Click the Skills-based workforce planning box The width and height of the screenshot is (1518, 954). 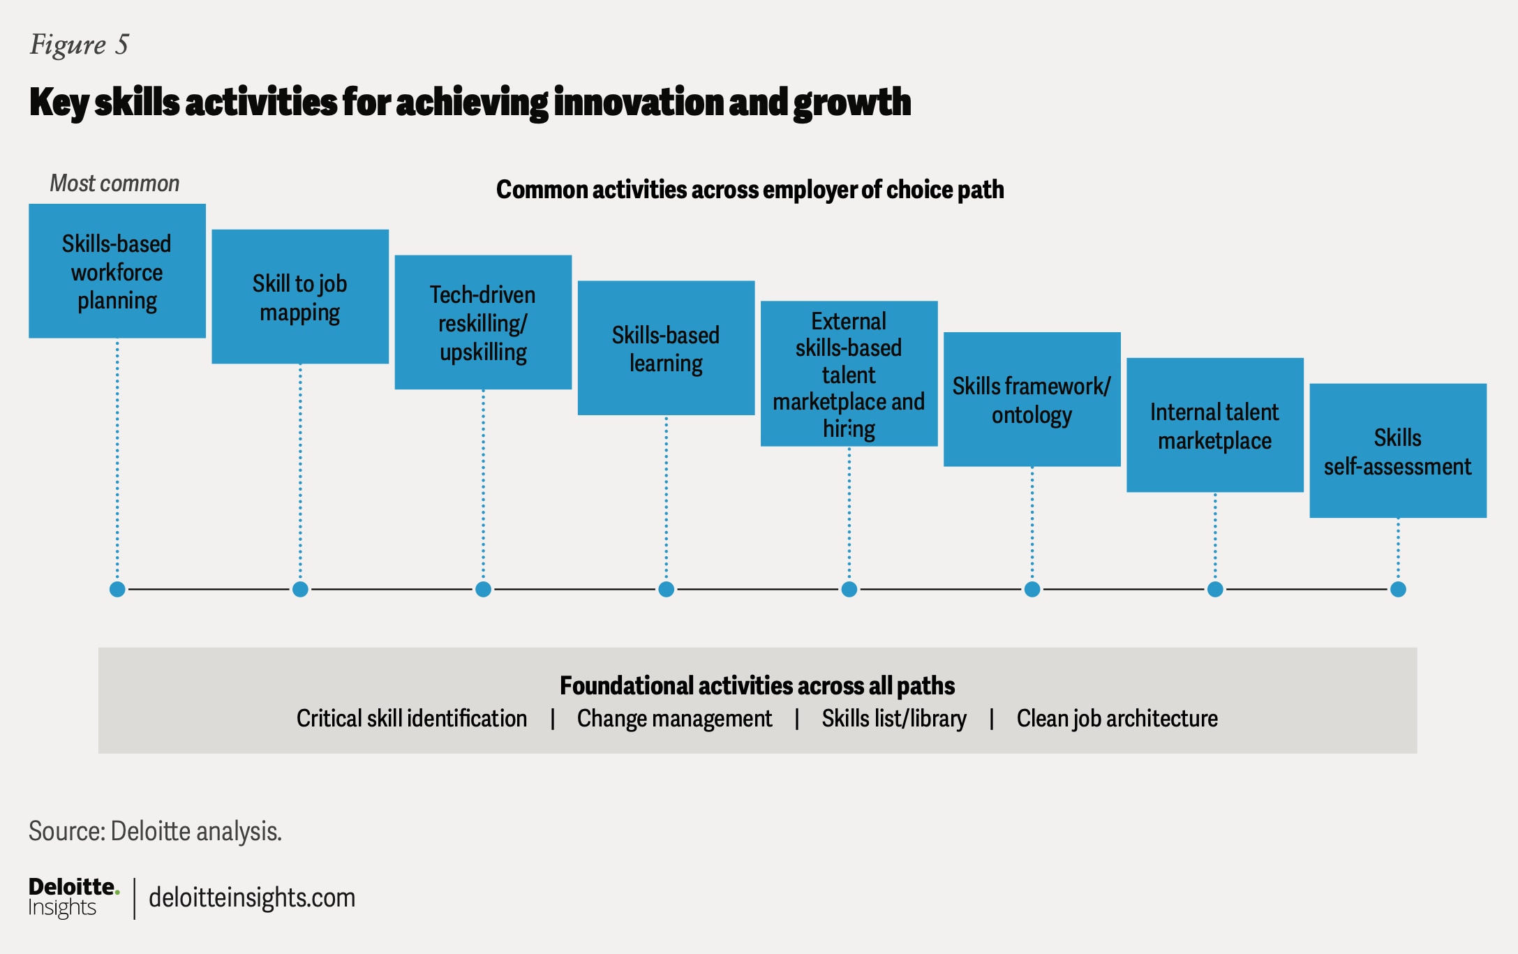point(117,271)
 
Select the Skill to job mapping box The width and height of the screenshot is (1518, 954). point(300,297)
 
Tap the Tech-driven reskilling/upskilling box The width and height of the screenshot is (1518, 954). point(483,322)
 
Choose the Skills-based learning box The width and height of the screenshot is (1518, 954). point(666,348)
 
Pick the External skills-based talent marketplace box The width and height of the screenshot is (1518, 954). point(849,374)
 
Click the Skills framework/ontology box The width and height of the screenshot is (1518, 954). point(1032,399)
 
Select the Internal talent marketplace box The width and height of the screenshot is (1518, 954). point(1214,425)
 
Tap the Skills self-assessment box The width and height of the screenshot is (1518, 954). point(1397,451)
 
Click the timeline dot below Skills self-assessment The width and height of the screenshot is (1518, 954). point(1398,590)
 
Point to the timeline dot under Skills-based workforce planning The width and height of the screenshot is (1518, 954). point(117,590)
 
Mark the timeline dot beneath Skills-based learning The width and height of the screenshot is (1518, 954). point(667,590)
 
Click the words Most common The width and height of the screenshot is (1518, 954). point(114,184)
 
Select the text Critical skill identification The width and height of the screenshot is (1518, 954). point(411,719)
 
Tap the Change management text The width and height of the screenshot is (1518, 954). point(674,719)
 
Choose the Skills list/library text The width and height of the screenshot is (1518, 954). point(893,719)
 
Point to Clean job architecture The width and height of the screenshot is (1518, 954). point(1117,719)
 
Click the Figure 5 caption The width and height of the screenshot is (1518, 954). point(79,45)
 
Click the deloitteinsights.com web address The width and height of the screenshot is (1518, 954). point(252,898)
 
